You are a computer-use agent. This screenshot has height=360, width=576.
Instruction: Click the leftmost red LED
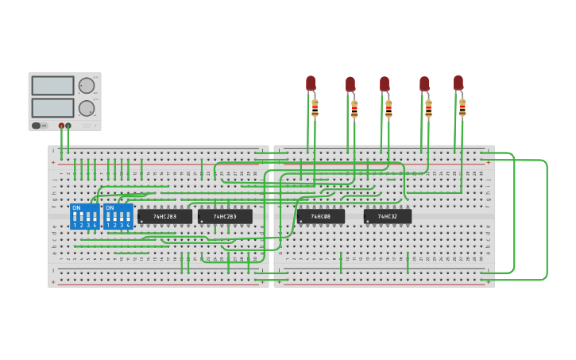coord(311,83)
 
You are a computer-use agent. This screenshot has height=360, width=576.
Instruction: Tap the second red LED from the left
coord(350,83)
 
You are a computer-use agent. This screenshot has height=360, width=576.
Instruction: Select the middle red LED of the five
coord(385,83)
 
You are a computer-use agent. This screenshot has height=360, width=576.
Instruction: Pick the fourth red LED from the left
coord(424,83)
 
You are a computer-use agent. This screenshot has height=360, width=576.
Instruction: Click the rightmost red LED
coord(458,83)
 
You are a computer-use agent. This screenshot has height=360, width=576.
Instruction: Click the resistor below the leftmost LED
coord(315,108)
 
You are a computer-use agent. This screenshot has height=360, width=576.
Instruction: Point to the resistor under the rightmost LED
coord(462,108)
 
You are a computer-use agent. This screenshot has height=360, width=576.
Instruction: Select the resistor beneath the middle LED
coord(389,109)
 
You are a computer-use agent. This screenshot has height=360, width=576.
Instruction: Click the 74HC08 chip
coord(321,216)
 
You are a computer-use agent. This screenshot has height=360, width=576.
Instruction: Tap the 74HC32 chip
coord(388,216)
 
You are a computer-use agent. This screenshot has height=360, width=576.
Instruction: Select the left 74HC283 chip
coord(164,216)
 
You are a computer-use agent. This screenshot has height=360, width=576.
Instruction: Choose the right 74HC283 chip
coord(225,216)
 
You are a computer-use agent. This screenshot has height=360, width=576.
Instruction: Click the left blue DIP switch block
coord(84,216)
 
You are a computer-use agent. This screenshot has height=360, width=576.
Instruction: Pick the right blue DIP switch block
coord(118,216)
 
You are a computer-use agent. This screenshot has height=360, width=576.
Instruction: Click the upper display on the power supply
coord(52,85)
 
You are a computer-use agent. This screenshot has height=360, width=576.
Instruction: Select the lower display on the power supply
coord(52,107)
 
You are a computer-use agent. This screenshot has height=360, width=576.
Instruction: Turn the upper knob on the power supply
coord(87,86)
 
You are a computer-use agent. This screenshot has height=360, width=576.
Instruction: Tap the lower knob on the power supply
coord(87,108)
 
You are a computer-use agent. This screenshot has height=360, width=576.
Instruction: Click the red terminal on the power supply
coord(61,126)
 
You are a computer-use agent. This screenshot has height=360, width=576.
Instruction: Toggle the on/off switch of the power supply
coord(37,126)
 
